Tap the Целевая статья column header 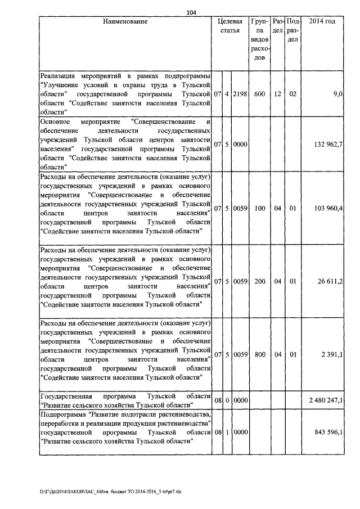[x=230, y=26]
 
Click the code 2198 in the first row [x=240, y=94]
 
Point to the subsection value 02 [x=292, y=94]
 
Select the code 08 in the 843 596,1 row [x=218, y=432]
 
